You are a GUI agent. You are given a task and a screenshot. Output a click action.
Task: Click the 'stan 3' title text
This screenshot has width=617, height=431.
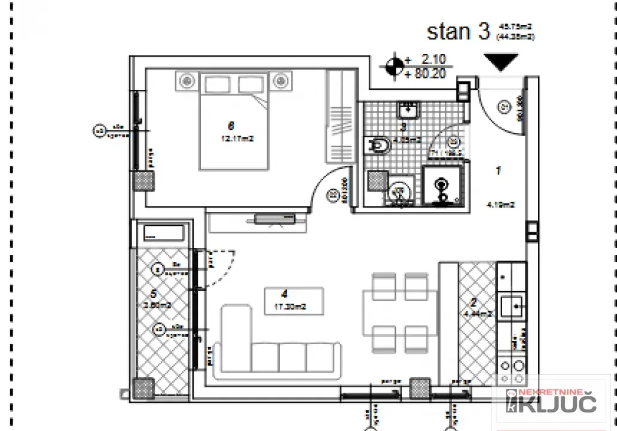pyautogui.click(x=458, y=32)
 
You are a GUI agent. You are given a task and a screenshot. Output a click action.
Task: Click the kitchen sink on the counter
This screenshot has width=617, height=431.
pyautogui.click(x=512, y=306)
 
